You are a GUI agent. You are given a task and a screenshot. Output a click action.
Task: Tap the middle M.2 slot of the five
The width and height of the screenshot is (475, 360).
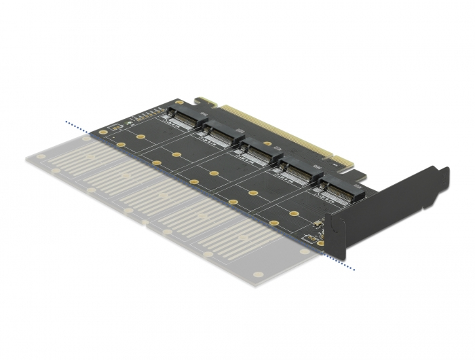coord(256,151)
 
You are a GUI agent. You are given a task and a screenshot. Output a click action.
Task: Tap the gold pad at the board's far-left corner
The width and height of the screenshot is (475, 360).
coord(102,132)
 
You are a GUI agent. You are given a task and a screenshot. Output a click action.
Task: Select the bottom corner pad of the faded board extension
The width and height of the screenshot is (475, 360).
coord(257,275)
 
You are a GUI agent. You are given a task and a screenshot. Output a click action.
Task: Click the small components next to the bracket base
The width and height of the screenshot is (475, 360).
coord(313,237)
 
